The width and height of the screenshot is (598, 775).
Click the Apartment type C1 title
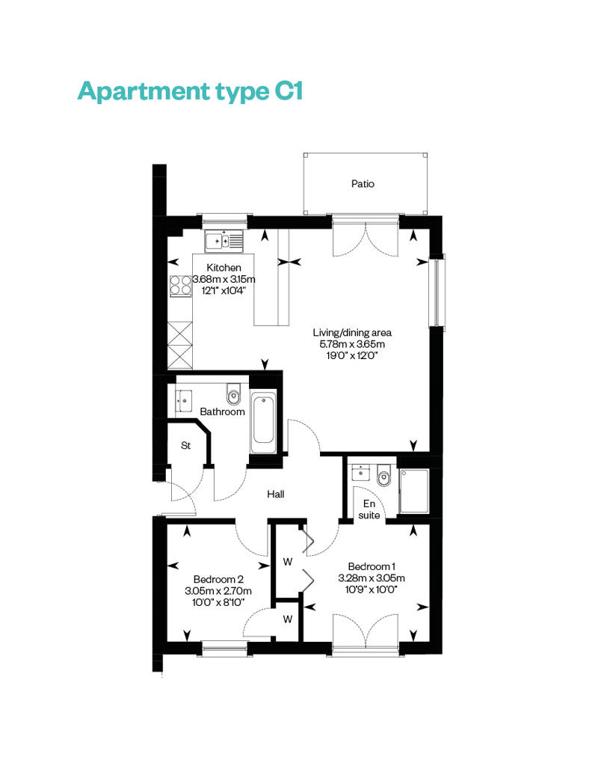pos(190,92)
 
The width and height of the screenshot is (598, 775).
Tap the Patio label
pos(363,184)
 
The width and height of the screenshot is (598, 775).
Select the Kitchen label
pos(224,267)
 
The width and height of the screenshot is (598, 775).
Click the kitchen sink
pos(224,241)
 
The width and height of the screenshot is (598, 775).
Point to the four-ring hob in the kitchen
pos(180,286)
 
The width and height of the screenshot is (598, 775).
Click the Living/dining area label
pos(352,333)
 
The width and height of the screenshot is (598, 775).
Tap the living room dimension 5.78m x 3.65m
pos(352,344)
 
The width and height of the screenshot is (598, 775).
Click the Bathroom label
pos(222,411)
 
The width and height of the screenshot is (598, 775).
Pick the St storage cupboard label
pos(185,445)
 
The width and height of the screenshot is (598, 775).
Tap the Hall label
pos(276,494)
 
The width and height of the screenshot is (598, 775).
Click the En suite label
pos(369,509)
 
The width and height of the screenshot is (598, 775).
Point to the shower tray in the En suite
pos(414,491)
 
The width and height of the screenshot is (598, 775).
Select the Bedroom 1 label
pos(372,566)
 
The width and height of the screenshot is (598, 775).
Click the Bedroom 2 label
pos(218,579)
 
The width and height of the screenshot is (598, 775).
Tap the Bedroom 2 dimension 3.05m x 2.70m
pos(218,591)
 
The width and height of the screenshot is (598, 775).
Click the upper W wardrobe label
pos(287,562)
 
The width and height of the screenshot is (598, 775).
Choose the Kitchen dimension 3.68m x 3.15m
pos(224,279)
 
